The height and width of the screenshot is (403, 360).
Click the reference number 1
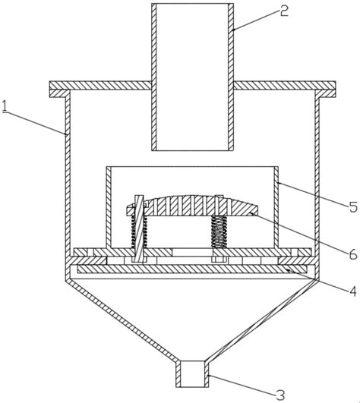(5, 106)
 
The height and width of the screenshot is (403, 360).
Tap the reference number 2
(284, 11)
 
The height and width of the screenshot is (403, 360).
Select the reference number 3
(280, 395)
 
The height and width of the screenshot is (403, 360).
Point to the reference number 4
(353, 291)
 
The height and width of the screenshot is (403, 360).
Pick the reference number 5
(353, 206)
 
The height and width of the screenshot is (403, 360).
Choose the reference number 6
(353, 253)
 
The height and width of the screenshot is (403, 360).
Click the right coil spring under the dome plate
(219, 231)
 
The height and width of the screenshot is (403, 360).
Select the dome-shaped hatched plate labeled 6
(192, 206)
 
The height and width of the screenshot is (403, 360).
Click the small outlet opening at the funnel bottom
(193, 374)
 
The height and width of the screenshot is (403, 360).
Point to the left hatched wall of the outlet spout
(178, 374)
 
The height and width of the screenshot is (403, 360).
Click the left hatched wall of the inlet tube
(153, 77)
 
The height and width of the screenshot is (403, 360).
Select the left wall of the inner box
(109, 207)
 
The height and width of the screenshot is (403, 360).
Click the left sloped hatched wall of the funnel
(123, 320)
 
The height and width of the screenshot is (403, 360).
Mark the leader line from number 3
(242, 384)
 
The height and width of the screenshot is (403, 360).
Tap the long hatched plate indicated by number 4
(192, 269)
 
